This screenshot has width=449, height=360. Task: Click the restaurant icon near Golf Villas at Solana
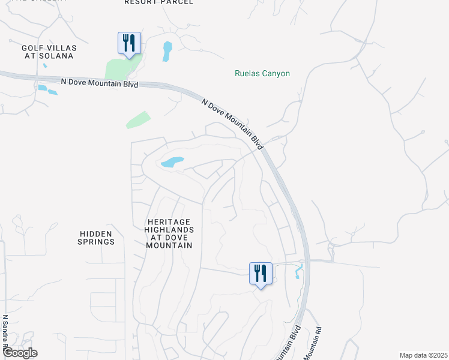tap(129, 43)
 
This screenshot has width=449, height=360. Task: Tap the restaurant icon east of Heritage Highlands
tap(261, 274)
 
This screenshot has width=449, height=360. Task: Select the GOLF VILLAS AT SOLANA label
tap(47, 52)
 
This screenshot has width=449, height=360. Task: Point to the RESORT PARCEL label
tap(159, 2)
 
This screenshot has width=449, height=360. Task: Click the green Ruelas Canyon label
tap(262, 74)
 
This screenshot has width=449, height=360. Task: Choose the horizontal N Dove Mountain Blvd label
tap(100, 83)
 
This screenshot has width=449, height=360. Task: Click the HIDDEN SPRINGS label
tap(96, 238)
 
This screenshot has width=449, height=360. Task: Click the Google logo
tap(20, 353)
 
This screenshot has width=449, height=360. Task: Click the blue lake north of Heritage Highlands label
tap(172, 162)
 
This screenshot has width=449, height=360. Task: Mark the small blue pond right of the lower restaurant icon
tap(297, 274)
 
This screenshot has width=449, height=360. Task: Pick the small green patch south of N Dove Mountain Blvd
tap(137, 119)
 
